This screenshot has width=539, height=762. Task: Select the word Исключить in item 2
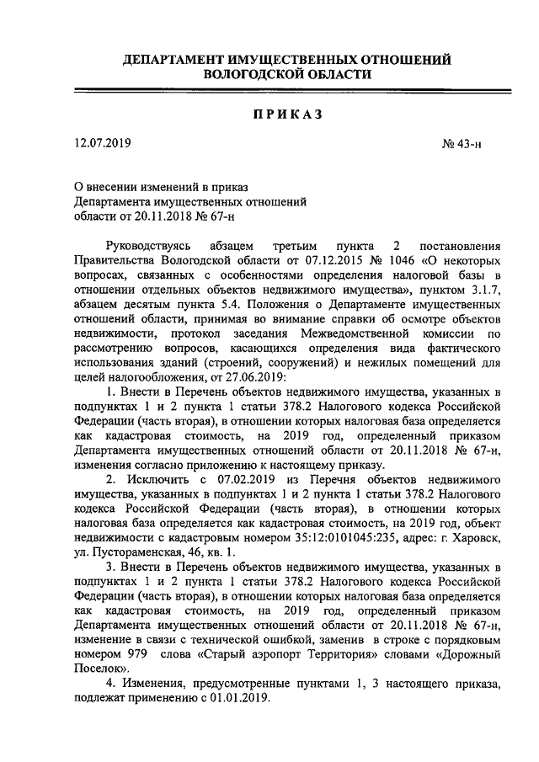tap(164, 479)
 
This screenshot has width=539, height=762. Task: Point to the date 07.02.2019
tap(249, 479)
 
